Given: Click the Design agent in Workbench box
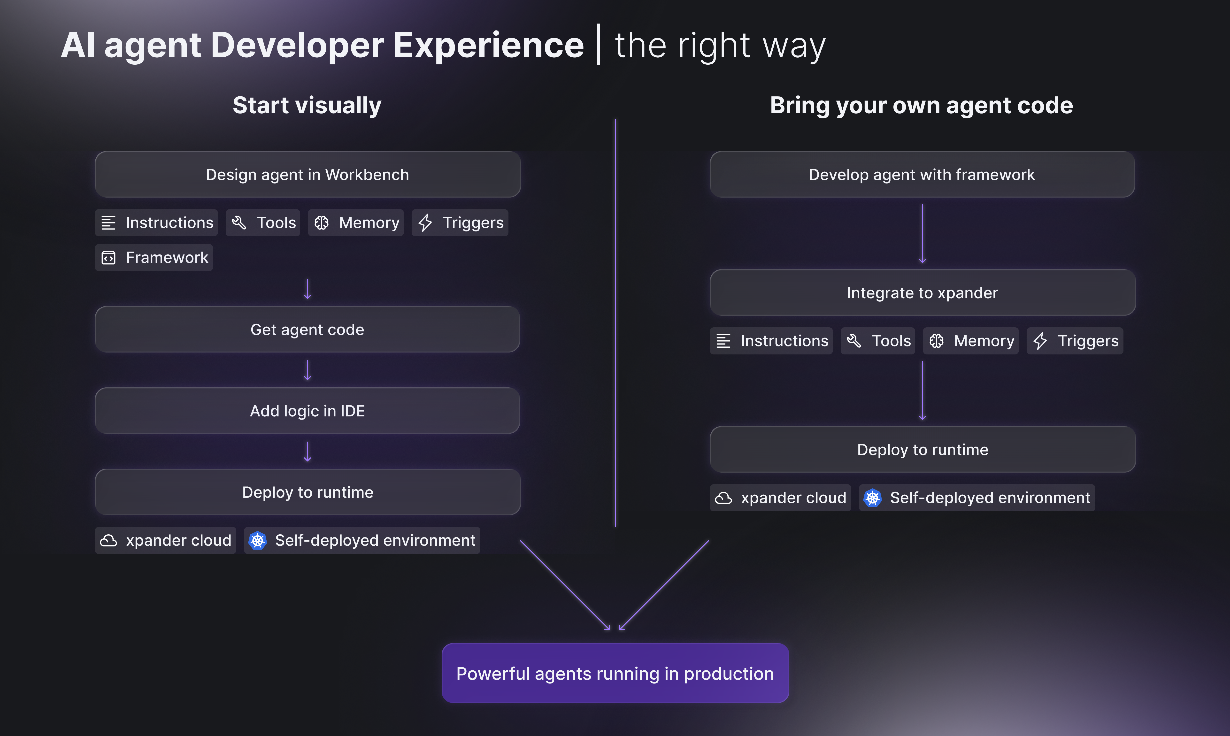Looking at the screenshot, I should pyautogui.click(x=307, y=175).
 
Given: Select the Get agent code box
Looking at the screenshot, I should pyautogui.click(x=307, y=329).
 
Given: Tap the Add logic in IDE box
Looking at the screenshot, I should pyautogui.click(x=307, y=411).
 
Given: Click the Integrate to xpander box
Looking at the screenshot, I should pyautogui.click(x=922, y=293).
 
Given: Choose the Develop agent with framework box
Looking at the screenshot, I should pyautogui.click(x=922, y=175).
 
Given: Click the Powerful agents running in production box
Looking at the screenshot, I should pyautogui.click(x=615, y=673).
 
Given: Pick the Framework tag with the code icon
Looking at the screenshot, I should pyautogui.click(x=154, y=257).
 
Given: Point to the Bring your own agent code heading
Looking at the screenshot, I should pyautogui.click(x=922, y=105).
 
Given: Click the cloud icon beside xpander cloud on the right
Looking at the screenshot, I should pyautogui.click(x=724, y=498).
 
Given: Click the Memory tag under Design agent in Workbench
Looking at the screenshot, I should pyautogui.click(x=356, y=223).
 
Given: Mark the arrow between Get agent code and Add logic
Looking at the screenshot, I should pyautogui.click(x=307, y=370).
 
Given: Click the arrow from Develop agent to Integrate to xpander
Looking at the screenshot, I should pyautogui.click(x=922, y=233).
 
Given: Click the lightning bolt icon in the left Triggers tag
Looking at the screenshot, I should pyautogui.click(x=425, y=223).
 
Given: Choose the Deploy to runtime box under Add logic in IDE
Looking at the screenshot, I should pyautogui.click(x=307, y=492).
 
